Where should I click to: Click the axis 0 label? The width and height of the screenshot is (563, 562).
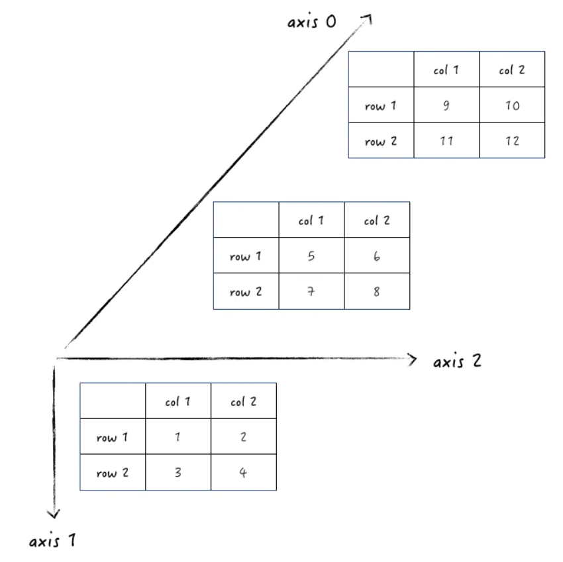(x=312, y=22)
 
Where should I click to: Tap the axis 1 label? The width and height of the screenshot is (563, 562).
(x=52, y=541)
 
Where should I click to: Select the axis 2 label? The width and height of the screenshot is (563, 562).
(x=458, y=361)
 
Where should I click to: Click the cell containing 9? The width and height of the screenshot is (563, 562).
(x=446, y=105)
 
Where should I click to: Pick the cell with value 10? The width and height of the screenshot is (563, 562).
(x=512, y=105)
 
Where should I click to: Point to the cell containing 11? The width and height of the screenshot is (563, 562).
(x=446, y=140)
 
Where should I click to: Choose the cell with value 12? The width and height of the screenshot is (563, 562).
(x=512, y=140)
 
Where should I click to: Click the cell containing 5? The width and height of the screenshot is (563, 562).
(x=311, y=256)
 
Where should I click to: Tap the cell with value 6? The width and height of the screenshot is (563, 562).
(x=377, y=256)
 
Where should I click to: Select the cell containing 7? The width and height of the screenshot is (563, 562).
(x=311, y=291)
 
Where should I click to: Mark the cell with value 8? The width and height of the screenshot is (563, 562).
(x=377, y=291)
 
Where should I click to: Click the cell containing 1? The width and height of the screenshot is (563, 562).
(x=178, y=437)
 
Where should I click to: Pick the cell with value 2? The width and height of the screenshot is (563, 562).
(x=244, y=437)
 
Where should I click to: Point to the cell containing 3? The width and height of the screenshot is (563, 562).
(x=178, y=473)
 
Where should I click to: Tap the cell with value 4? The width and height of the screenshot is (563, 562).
(x=244, y=473)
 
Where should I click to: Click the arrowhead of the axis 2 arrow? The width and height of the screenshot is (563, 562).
(x=414, y=359)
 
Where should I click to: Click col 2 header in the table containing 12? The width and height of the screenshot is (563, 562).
(x=512, y=70)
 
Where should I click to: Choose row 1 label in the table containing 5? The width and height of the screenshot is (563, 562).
(x=246, y=256)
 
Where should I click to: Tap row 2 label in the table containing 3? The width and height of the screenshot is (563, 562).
(x=113, y=473)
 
